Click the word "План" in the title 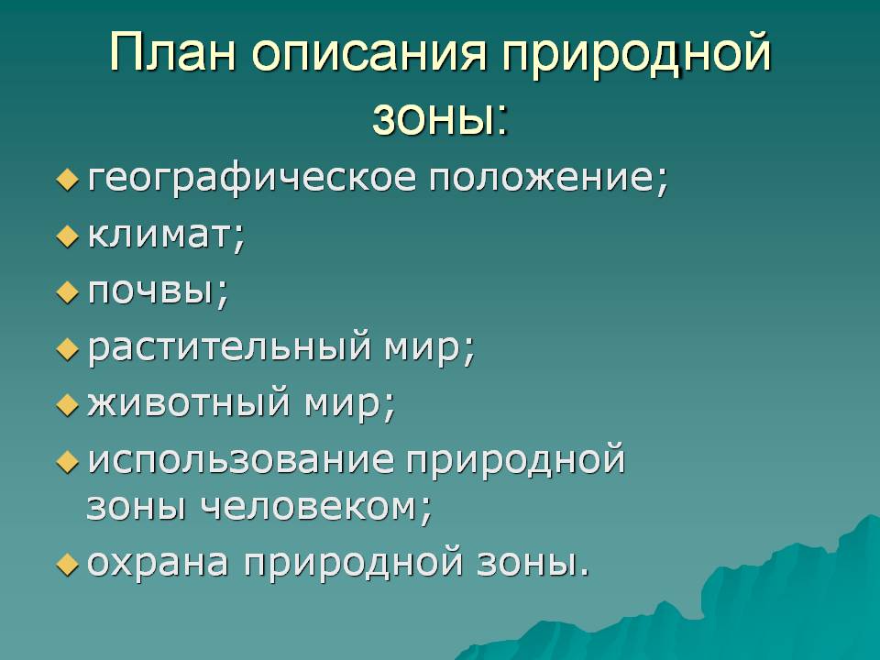tap(173, 52)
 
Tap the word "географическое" tap(252, 180)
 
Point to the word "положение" tap(548, 179)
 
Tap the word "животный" tap(189, 403)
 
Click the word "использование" tap(241, 460)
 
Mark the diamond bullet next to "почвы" tap(67, 293)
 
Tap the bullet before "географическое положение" tap(67, 181)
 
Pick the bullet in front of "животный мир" tap(67, 405)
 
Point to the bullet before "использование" tap(67, 462)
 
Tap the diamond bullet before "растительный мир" tap(67, 349)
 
